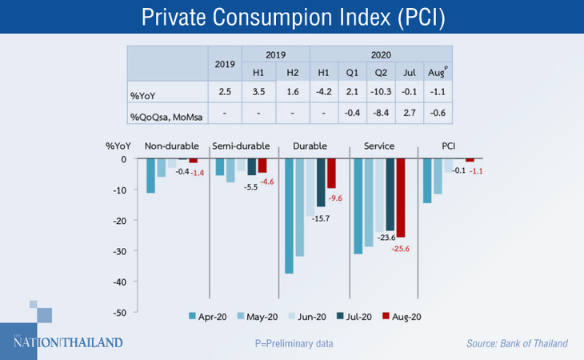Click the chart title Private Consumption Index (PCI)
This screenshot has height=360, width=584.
pyautogui.click(x=291, y=17)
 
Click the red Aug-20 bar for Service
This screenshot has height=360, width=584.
pyautogui.click(x=401, y=198)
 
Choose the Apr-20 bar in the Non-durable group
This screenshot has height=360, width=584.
pyautogui.click(x=150, y=175)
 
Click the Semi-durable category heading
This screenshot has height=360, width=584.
pyautogui.click(x=241, y=146)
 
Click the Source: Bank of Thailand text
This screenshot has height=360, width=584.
pyautogui.click(x=517, y=344)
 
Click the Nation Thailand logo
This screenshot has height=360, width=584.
pyautogui.click(x=68, y=342)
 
